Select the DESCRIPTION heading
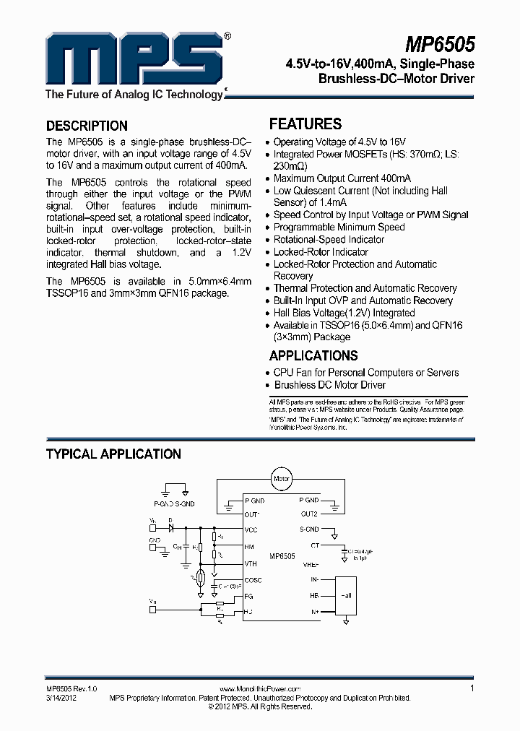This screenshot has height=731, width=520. [x=87, y=125]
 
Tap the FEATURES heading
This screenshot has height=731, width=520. [x=305, y=124]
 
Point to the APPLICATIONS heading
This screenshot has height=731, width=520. [x=313, y=355]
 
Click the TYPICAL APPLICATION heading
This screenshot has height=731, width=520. [x=113, y=454]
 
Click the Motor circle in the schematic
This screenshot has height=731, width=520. [x=281, y=477]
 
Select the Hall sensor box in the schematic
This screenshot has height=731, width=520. [x=347, y=596]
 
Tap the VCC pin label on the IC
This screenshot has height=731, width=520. [x=251, y=529]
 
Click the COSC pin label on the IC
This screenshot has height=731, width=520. [x=253, y=580]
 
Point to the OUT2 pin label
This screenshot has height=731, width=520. [x=309, y=514]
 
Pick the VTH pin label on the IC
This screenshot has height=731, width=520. [x=251, y=563]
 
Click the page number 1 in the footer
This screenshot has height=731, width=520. [x=472, y=689]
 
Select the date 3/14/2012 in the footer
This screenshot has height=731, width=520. [x=61, y=698]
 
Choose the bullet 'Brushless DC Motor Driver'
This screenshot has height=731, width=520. [x=329, y=385]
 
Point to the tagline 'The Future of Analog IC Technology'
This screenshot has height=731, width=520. [x=134, y=95]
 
